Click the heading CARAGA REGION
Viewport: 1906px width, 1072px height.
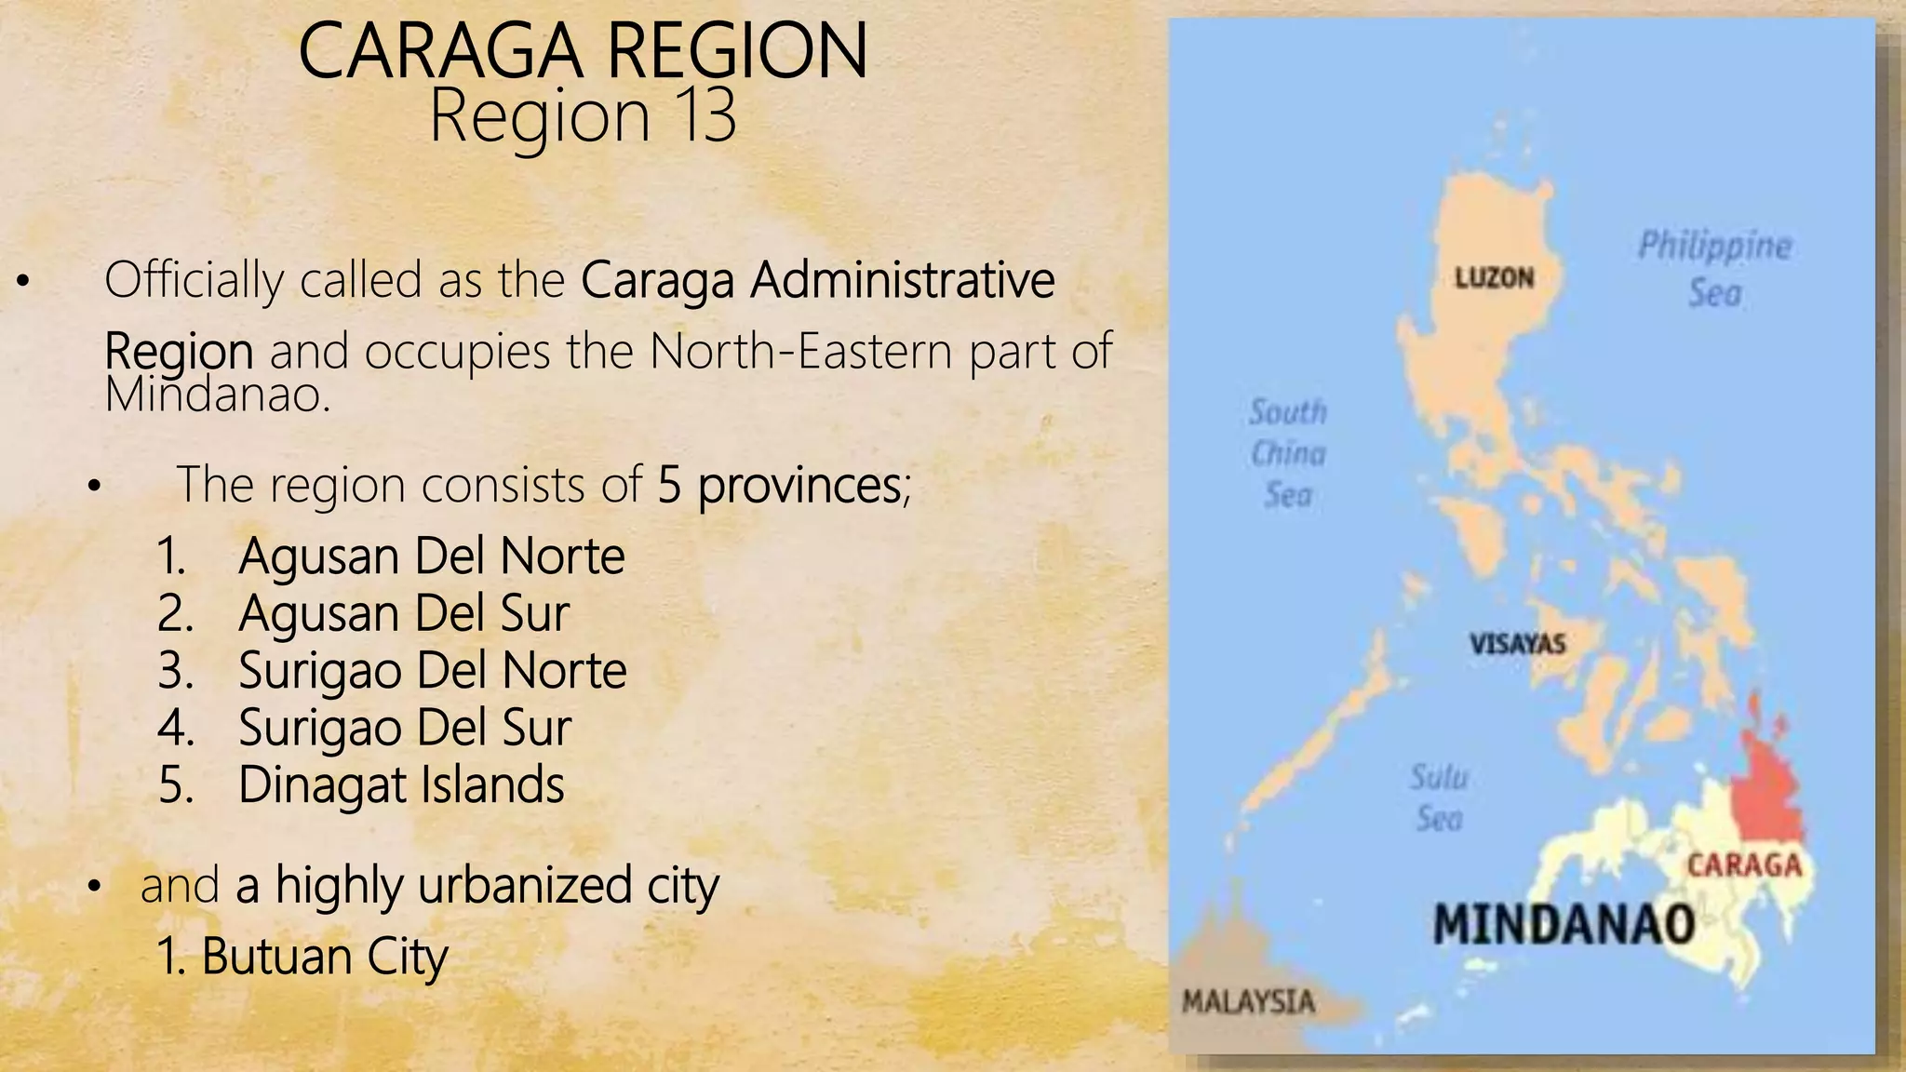coord(583,52)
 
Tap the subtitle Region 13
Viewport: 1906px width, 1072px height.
coord(583,116)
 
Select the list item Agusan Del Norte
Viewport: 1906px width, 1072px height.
coord(431,556)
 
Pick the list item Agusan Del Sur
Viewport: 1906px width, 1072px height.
coord(403,614)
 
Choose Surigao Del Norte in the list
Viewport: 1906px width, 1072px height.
coord(432,671)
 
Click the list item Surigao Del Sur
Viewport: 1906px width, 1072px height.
coord(404,728)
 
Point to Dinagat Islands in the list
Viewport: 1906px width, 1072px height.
coord(401,785)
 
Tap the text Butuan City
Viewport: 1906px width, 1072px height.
coord(324,957)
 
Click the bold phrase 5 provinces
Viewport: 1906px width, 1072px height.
coord(779,485)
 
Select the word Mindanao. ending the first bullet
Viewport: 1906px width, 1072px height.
coord(218,395)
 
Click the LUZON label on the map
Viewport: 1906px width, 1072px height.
coord(1494,277)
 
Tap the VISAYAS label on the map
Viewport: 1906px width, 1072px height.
coord(1517,643)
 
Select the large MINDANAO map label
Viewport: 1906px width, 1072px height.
coord(1564,925)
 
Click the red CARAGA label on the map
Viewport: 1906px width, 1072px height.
coord(1744,865)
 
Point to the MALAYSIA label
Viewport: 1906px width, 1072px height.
coord(1248,1002)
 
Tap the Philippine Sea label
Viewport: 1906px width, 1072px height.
coord(1714,269)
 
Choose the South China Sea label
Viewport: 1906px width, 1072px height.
coord(1288,453)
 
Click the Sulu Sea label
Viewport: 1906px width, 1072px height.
coord(1439,797)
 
